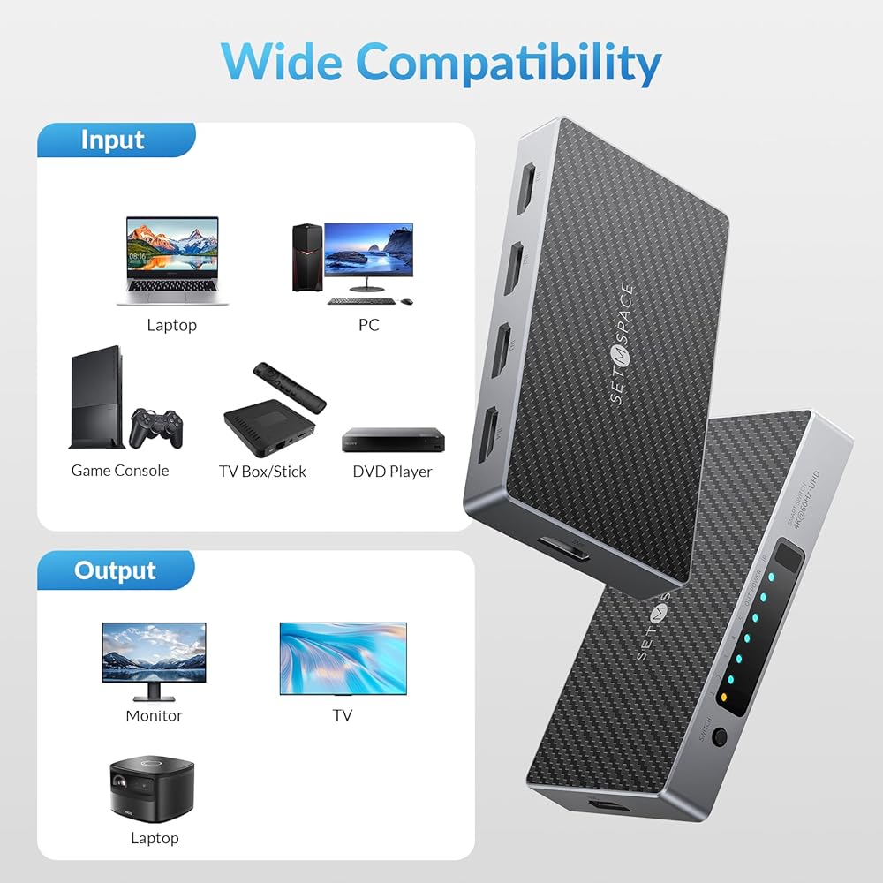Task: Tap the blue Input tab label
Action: pos(112,140)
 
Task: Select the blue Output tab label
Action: pos(115,570)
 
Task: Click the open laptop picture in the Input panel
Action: pos(172,260)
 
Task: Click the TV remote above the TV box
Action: pos(289,386)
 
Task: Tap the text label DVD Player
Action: pos(392,472)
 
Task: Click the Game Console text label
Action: pos(120,471)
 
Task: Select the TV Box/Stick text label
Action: pos(262,472)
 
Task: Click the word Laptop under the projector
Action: pos(155,838)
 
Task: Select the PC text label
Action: pos(368,325)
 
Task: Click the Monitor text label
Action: pos(154,715)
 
